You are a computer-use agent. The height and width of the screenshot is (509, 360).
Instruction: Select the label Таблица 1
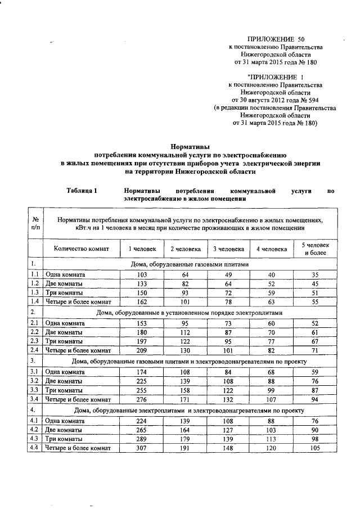pos(83,191)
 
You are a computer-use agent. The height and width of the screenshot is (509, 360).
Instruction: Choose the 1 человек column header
pos(138,249)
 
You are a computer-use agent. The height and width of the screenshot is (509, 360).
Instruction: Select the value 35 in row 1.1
pos(315,274)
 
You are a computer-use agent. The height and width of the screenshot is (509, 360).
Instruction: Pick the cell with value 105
pos(315,448)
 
